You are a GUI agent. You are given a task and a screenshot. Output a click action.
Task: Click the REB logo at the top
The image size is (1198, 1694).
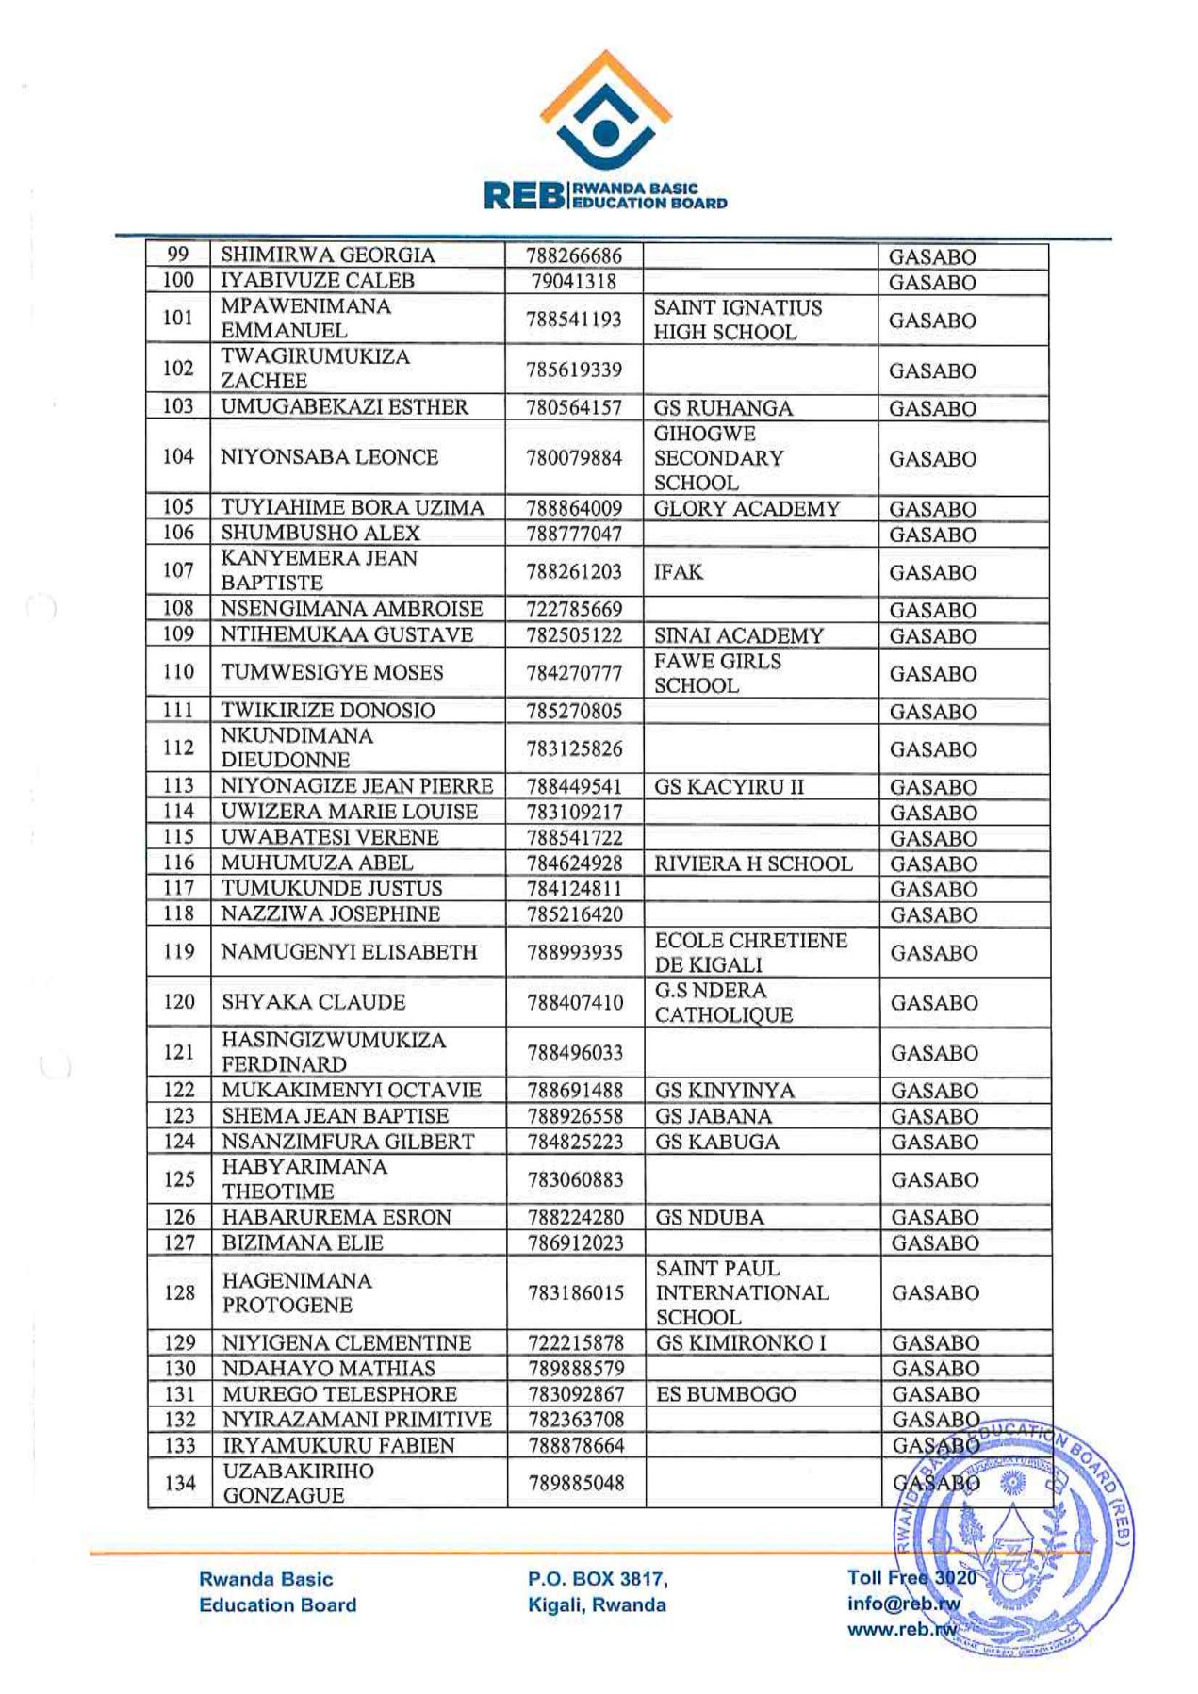(x=605, y=132)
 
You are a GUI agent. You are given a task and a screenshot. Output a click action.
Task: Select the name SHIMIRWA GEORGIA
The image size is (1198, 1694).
(x=327, y=255)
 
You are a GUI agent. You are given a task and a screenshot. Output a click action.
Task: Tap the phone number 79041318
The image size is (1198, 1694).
(x=573, y=281)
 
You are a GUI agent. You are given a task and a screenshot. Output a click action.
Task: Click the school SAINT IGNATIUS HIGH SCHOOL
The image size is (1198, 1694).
(x=737, y=321)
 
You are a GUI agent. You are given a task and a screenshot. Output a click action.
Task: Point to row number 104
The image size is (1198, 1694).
(x=178, y=457)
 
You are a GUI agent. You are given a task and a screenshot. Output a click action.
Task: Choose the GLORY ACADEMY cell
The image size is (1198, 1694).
(x=747, y=509)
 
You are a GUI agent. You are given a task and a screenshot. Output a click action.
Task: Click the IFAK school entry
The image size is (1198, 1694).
(x=678, y=572)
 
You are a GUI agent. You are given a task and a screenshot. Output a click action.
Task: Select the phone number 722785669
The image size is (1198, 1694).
(x=574, y=610)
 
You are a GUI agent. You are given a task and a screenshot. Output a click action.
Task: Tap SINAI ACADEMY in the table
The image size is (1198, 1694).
(x=738, y=636)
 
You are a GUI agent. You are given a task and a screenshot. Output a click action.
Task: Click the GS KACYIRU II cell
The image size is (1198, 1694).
(x=729, y=787)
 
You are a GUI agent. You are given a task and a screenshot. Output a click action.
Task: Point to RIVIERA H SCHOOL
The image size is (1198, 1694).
(x=753, y=863)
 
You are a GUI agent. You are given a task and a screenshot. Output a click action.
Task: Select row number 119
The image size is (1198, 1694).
(x=178, y=952)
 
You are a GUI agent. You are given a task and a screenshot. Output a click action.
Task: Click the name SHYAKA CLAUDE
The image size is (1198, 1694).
(x=314, y=1002)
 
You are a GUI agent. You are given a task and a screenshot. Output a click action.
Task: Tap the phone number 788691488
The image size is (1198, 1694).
(x=575, y=1091)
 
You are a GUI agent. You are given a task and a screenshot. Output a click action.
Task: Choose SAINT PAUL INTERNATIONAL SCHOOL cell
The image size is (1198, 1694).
(x=742, y=1292)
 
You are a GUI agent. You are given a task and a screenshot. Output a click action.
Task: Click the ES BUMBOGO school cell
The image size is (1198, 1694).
(x=726, y=1394)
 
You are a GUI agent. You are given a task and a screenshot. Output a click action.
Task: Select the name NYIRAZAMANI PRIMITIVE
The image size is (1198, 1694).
(x=357, y=1420)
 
